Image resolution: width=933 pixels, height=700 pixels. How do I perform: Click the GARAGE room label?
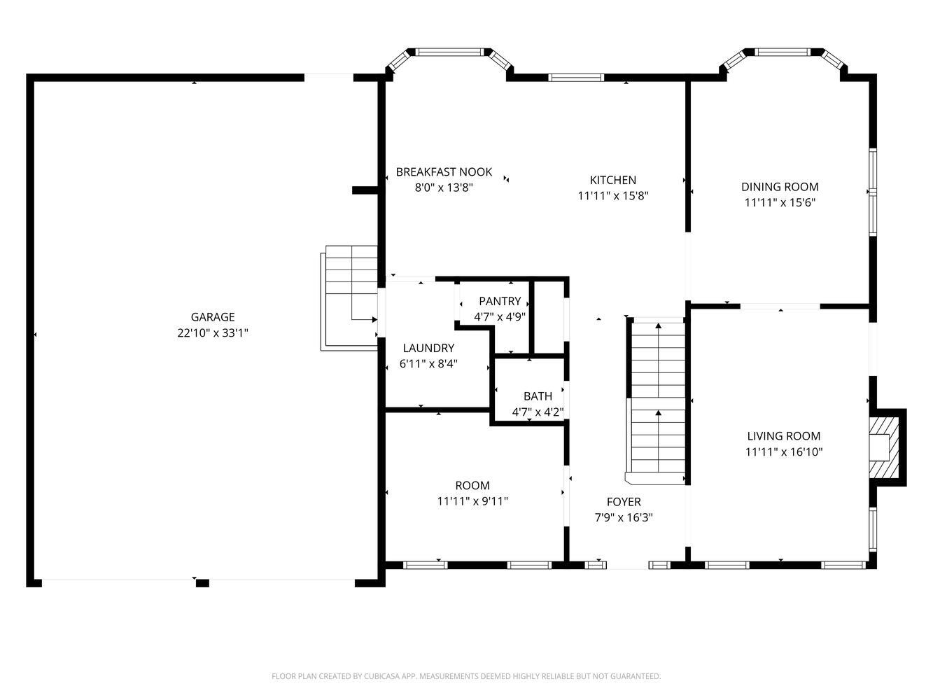tap(213, 317)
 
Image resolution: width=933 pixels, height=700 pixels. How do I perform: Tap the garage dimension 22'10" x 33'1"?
tap(213, 333)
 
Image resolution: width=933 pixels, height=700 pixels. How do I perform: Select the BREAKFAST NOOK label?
tap(444, 171)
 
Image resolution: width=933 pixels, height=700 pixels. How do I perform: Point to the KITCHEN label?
tap(612, 180)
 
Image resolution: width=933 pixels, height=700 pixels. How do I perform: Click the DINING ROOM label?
tap(780, 187)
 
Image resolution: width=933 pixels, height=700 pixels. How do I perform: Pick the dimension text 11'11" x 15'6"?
tap(780, 203)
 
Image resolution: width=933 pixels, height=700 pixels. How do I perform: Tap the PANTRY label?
tap(500, 301)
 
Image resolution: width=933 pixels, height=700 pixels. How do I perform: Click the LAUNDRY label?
tap(428, 348)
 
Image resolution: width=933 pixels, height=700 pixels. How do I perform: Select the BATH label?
tap(538, 396)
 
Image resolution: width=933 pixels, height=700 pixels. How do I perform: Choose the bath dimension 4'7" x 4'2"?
tap(538, 412)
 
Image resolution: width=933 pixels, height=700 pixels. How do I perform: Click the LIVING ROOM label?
tap(783, 436)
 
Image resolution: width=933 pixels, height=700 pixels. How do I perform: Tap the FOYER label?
tap(623, 502)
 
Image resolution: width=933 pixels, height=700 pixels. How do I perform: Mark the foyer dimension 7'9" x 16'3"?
tap(623, 518)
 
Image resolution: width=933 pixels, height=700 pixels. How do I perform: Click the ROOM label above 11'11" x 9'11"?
tap(472, 485)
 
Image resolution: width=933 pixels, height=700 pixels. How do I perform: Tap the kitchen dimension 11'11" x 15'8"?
tap(612, 196)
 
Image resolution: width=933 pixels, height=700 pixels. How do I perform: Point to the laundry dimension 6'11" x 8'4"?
tap(428, 364)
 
